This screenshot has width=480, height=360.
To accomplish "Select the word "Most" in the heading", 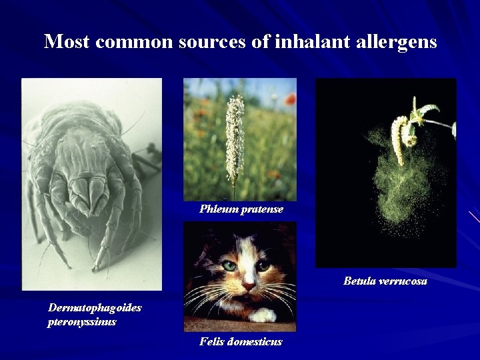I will click(67, 41).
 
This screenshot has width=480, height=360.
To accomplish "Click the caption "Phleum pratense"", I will click(241, 209).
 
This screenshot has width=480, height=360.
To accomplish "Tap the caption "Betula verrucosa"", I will click(385, 281).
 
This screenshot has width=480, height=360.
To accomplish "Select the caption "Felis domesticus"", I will click(241, 341).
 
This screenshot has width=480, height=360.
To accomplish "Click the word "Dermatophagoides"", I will click(95, 307).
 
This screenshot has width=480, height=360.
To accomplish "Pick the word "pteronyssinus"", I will click(82, 321).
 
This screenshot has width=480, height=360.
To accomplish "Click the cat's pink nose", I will click(247, 285).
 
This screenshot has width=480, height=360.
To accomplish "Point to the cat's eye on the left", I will click(230, 265).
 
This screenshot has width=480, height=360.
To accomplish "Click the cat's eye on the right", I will click(264, 265).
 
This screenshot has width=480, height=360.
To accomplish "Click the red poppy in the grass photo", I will click(289, 99).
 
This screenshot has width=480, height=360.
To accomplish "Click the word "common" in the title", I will click(134, 41).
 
